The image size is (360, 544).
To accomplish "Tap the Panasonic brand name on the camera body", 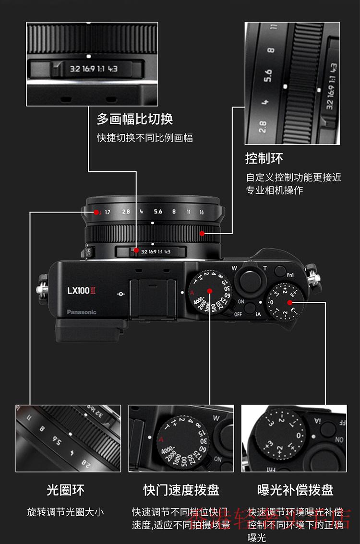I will [82, 312].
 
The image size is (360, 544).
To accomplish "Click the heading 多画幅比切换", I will [135, 119].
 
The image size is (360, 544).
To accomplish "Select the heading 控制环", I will [264, 158].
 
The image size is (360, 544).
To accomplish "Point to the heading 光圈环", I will [65, 490].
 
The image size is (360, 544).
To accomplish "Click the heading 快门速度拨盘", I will [181, 490].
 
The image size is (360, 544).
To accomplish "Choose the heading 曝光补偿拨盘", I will [295, 490].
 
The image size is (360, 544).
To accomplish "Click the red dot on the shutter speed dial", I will [210, 291].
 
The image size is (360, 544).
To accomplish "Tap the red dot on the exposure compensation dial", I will [289, 302].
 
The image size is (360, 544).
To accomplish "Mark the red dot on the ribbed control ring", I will [202, 234].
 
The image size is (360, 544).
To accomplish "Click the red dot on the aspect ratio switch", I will [137, 250].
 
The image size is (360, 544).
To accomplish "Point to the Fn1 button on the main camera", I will [290, 274].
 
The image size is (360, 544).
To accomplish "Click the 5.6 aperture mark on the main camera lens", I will [158, 212].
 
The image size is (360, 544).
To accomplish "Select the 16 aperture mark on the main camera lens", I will [202, 212].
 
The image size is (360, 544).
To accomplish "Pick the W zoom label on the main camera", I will [234, 268].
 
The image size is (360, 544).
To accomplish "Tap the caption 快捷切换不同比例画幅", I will [145, 138].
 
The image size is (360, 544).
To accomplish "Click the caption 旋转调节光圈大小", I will [65, 512].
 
